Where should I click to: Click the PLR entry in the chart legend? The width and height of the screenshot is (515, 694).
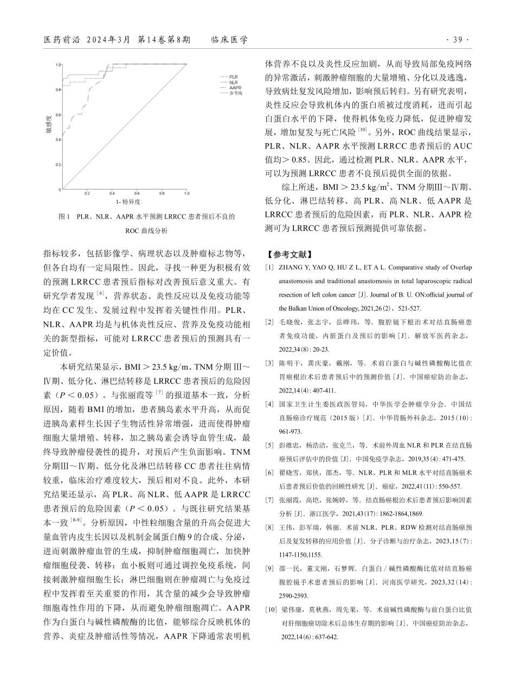click(x=233, y=77)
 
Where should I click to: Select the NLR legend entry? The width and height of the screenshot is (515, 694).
click(x=233, y=82)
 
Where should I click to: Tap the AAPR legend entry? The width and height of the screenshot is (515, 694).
click(x=234, y=87)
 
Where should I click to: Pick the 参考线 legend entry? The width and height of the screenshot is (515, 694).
click(x=235, y=93)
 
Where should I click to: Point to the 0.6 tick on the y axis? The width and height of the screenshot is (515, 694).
click(x=58, y=115)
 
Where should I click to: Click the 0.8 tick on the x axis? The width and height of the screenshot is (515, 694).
click(x=162, y=193)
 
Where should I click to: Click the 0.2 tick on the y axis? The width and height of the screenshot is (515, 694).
click(x=58, y=164)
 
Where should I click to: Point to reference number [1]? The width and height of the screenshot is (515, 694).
click(x=269, y=268)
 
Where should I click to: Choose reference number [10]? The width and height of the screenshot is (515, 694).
click(x=272, y=610)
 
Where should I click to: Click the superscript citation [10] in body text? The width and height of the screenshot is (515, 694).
click(x=362, y=130)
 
